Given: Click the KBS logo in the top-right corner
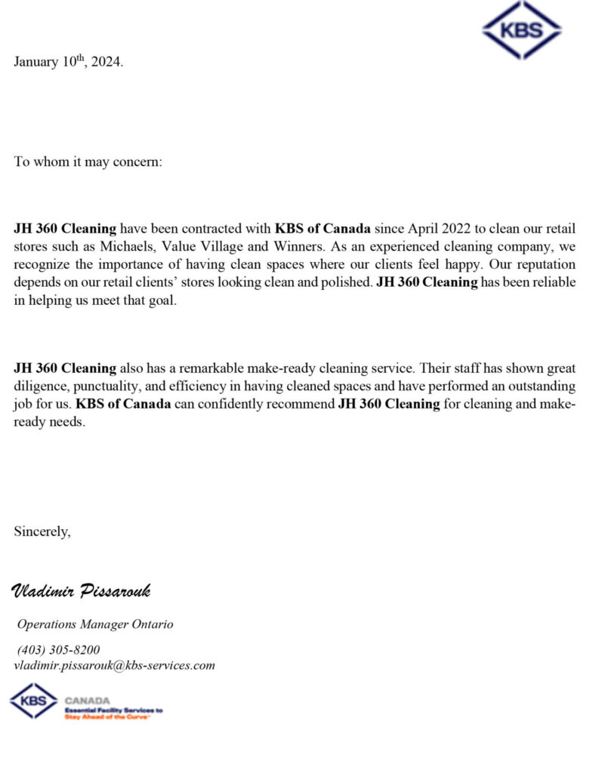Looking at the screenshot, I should pyautogui.click(x=521, y=30).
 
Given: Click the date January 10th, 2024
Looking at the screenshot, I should pyautogui.click(x=68, y=62).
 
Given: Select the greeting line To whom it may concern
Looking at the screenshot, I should pyautogui.click(x=88, y=162).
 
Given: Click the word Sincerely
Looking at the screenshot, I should pyautogui.click(x=42, y=531).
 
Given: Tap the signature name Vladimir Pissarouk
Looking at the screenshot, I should pyautogui.click(x=82, y=590).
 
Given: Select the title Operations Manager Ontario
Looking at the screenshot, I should pyautogui.click(x=95, y=624).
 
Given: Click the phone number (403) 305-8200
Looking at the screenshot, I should pyautogui.click(x=58, y=650).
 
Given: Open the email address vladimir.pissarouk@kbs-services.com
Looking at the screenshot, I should pyautogui.click(x=115, y=665).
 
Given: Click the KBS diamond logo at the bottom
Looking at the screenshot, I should pyautogui.click(x=34, y=701).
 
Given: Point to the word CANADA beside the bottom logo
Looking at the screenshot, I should pyautogui.click(x=88, y=701).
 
